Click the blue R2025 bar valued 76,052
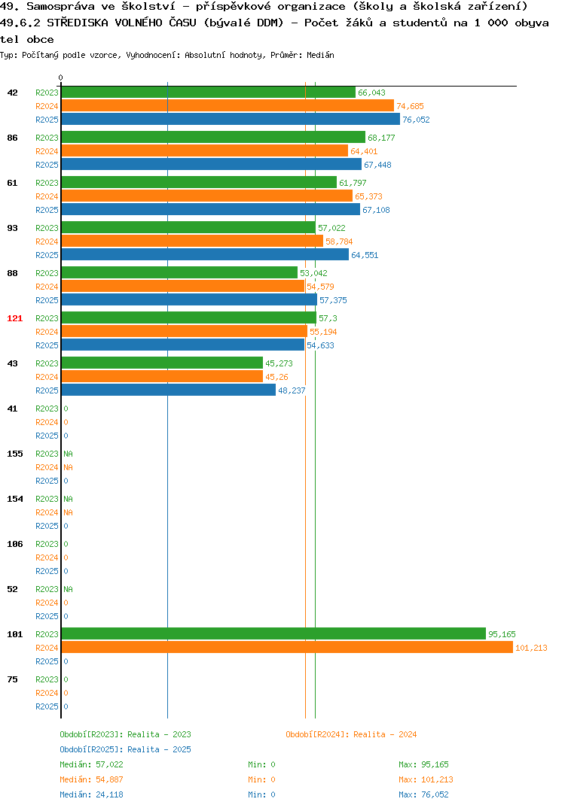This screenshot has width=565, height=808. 231,119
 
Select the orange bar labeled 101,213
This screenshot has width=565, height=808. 288,647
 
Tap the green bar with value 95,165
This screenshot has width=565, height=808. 274,633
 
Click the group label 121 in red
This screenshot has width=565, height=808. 15,318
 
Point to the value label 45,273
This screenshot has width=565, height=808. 279,363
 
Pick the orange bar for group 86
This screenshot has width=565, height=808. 205,151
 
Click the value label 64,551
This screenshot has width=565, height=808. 365,255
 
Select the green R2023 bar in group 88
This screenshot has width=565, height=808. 179,272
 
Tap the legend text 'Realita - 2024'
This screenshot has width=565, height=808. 386,734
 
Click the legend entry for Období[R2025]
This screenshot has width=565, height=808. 125,749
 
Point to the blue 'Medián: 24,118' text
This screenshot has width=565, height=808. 91,794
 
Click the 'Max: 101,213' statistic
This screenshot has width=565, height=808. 426,779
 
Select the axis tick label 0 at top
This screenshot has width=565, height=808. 60,77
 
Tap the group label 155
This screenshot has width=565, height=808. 15,454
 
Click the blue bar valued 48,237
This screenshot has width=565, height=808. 169,390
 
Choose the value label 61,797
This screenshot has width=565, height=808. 353,183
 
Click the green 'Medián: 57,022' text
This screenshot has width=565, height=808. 91,764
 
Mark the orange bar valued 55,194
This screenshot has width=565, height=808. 185,331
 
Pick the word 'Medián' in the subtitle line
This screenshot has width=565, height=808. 320,55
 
